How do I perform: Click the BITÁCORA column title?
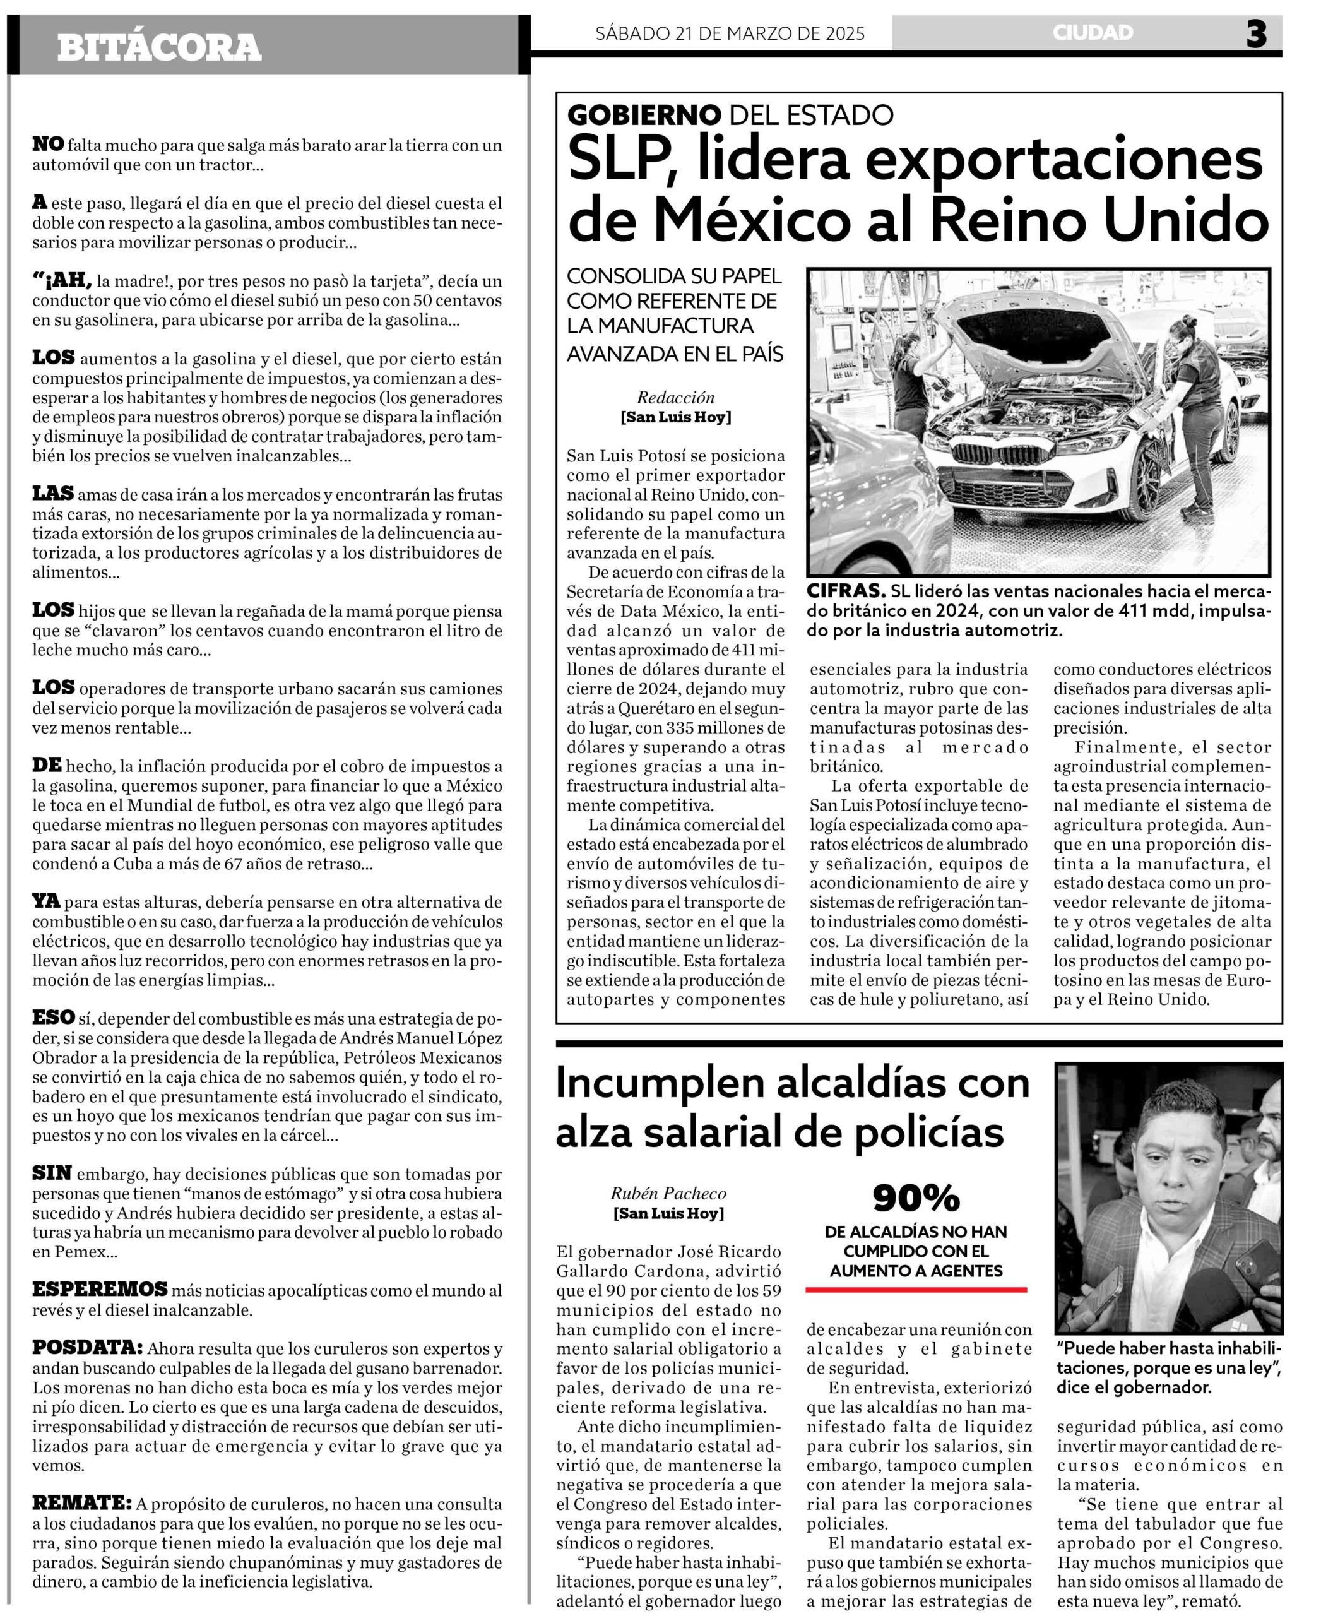tap(159, 47)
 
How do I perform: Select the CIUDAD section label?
tap(1093, 33)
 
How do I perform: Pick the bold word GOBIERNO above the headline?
tap(644, 116)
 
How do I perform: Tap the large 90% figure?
tap(915, 1197)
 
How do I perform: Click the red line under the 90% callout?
tap(915, 1290)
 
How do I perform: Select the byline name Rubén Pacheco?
tap(668, 1193)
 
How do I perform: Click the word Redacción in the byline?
tap(676, 397)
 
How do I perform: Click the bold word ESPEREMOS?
tap(100, 1289)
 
